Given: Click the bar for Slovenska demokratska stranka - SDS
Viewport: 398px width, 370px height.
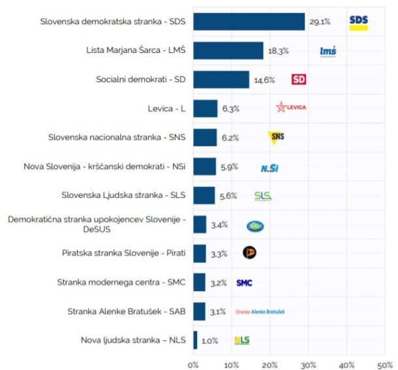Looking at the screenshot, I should coord(249,22).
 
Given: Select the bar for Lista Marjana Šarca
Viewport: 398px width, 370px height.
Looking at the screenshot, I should coord(228,50).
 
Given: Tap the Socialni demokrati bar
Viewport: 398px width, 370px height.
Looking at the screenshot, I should coord(221,80).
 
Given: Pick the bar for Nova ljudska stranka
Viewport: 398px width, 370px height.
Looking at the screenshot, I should coord(195,340).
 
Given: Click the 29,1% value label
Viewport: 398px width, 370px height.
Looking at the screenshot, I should coord(320,22).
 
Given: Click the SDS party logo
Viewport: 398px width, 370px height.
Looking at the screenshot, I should coord(358,22).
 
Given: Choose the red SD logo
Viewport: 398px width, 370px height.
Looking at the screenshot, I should coord(298,80).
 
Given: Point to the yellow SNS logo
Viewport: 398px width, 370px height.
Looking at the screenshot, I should coord(277,137).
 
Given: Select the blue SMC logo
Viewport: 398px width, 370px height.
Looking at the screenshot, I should coord(244,283).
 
